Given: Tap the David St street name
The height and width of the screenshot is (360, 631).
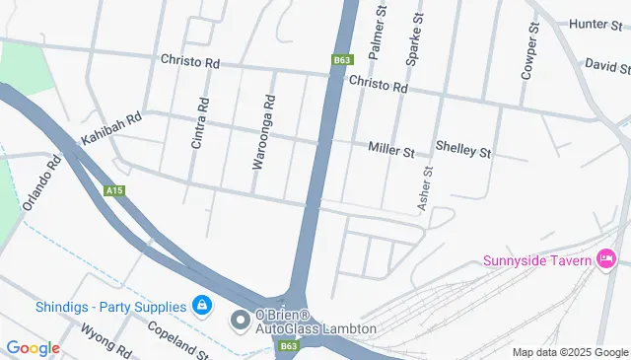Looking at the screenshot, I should coord(607,65).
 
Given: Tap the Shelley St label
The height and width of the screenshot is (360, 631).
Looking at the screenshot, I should coord(462,151).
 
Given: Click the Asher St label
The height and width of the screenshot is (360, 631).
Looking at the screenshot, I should coord(427,187).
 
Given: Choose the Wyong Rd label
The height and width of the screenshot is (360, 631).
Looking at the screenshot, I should coord(105,340).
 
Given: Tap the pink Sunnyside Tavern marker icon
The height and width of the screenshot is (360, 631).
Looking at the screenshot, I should coord(606,260).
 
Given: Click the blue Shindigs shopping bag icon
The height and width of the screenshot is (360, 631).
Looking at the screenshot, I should coord(201,307).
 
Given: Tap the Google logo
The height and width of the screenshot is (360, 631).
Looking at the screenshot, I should coord(33,347).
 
